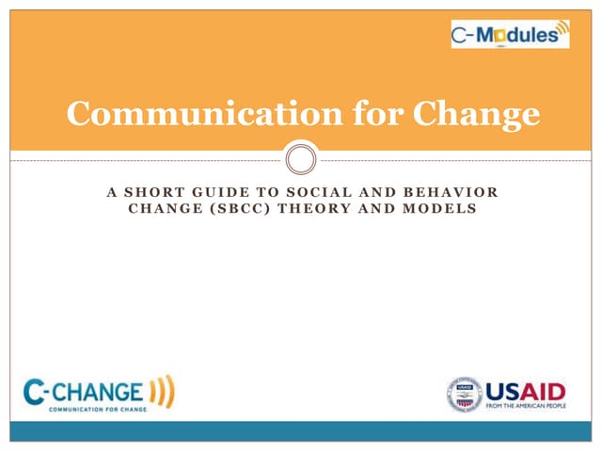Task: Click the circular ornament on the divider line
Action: click(x=301, y=158)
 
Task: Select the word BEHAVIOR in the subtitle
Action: click(x=454, y=192)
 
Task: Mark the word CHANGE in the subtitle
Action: click(x=159, y=208)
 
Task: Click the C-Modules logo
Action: click(x=510, y=35)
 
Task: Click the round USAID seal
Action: click(x=464, y=395)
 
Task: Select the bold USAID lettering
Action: click(x=526, y=389)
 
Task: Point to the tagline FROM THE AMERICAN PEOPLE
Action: click(x=526, y=407)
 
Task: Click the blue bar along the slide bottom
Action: click(x=301, y=431)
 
